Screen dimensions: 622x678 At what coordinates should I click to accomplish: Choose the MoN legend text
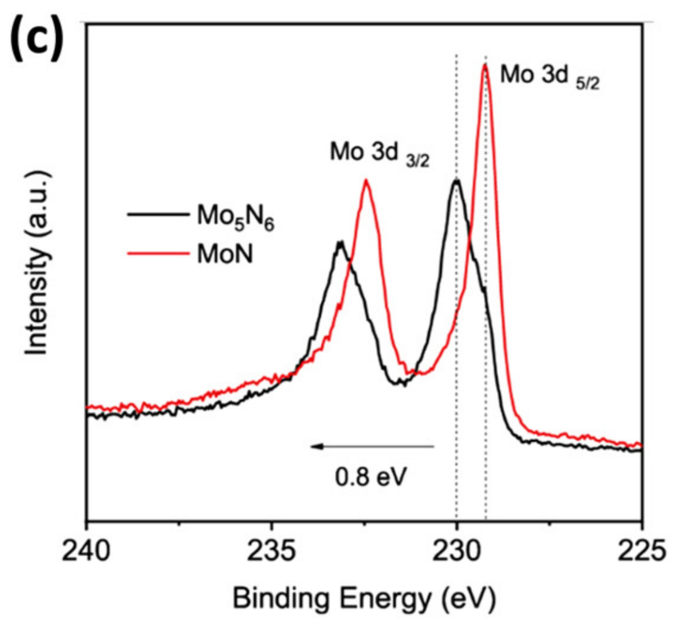[223, 254]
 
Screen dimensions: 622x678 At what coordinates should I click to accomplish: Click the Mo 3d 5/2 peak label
[550, 78]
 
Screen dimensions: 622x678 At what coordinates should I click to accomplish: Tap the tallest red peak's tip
[485, 64]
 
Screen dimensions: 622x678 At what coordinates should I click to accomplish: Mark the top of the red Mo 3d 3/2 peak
[365, 180]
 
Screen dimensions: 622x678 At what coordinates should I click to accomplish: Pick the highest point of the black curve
[457, 180]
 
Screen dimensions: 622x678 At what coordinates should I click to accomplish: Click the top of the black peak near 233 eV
[340, 242]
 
